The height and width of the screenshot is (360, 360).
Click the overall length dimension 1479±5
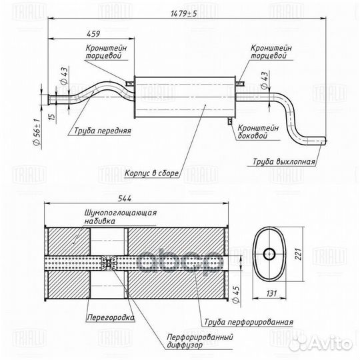[x=184, y=13]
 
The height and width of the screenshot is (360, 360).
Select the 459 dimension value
[x=93, y=34]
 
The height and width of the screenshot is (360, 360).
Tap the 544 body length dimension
[x=125, y=199]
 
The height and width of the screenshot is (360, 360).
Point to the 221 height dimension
[x=298, y=254]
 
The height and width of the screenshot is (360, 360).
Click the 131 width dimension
[x=271, y=293]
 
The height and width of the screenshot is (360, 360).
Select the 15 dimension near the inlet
[x=53, y=117]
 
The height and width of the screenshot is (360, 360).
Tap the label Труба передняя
[x=103, y=131]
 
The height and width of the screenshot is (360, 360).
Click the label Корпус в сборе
[x=151, y=173]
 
